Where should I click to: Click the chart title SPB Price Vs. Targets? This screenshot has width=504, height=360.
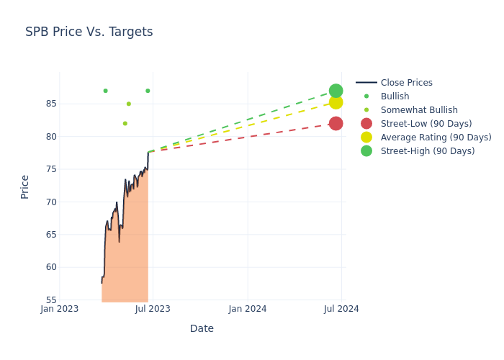89,32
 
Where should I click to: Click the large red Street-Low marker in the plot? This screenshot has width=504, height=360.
336,123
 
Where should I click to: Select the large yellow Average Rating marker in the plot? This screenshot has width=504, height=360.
336,102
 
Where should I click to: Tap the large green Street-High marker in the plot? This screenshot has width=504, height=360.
336,91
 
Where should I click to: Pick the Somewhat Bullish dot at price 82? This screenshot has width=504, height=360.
125,123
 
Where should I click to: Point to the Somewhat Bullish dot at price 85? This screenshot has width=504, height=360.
129,104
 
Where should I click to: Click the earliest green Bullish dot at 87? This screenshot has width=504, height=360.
105,91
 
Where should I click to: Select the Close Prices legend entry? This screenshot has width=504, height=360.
406,83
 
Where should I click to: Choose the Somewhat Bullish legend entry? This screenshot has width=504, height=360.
419,110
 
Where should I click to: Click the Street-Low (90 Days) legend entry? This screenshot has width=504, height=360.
426,124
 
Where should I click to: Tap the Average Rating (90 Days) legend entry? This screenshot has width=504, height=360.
436,138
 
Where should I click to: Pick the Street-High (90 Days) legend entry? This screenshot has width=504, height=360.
427,151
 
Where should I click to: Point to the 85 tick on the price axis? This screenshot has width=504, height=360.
51,104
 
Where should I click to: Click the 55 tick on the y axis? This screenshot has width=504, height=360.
51,300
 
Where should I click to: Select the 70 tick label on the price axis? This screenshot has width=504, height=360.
51,202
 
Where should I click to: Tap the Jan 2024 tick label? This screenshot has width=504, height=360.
248,309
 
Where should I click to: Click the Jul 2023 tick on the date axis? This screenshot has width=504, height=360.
153,309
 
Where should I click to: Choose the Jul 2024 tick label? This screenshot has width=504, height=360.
341,309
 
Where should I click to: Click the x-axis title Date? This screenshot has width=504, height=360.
202,328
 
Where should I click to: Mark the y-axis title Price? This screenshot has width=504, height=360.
25,186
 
